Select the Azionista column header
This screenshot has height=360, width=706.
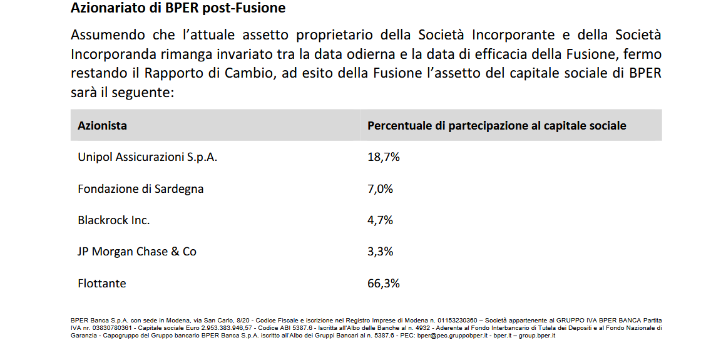pos(102,126)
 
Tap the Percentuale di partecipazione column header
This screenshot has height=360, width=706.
pos(496,126)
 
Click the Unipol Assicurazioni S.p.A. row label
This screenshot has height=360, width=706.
pos(148,157)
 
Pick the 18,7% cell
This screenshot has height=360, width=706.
pos(383,157)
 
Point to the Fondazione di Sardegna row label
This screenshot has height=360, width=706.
pos(140,188)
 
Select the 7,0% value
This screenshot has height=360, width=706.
pos(380,188)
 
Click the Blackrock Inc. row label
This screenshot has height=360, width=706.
pos(114,220)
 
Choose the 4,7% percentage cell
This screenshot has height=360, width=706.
pos(380,220)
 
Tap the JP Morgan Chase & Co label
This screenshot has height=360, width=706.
pos(137,252)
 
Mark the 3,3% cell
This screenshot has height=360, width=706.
pos(380,252)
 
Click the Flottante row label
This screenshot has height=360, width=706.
pos(101,284)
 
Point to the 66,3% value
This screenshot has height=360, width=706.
pos(383,284)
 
